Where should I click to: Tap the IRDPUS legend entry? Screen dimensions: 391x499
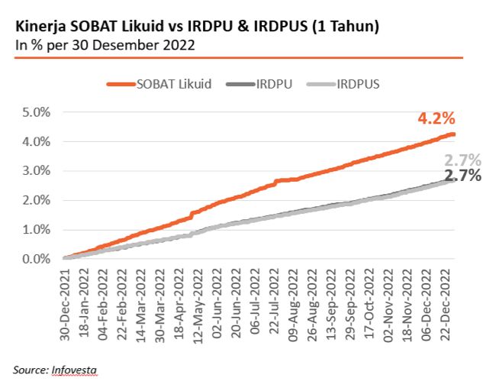(358, 84)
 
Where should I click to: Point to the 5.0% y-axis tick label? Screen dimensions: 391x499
(35, 112)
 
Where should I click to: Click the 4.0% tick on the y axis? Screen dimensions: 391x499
(35, 142)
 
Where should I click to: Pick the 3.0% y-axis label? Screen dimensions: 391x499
(35, 171)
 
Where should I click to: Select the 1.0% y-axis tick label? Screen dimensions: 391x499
(35, 230)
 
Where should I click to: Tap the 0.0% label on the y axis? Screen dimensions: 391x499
(35, 259)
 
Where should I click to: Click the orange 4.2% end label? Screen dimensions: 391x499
(436, 118)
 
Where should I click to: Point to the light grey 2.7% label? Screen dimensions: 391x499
(462, 160)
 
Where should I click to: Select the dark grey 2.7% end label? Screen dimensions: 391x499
(462, 176)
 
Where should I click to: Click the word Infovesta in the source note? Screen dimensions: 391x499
(75, 370)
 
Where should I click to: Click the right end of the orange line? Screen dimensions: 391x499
(456, 134)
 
